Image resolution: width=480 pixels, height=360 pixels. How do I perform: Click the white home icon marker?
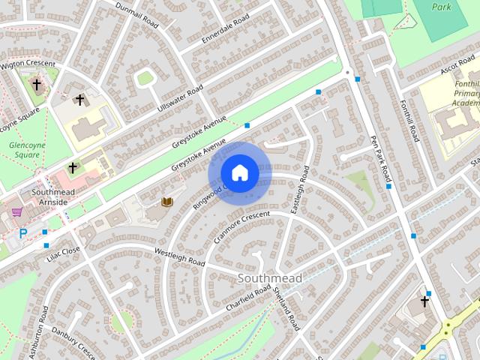point(239,173)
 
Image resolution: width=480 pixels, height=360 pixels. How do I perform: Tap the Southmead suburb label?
point(269,278)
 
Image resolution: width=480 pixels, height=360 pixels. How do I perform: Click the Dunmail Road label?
point(137,13)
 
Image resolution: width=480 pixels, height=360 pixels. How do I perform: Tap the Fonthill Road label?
point(409,121)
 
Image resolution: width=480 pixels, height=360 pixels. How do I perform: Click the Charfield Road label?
point(247,299)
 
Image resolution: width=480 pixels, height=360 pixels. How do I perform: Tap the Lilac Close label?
point(63,252)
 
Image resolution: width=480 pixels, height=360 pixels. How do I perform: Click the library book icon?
point(167,202)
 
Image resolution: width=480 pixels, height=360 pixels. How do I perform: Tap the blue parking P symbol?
point(23,234)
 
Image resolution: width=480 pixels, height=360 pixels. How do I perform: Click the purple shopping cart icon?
point(16,212)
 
